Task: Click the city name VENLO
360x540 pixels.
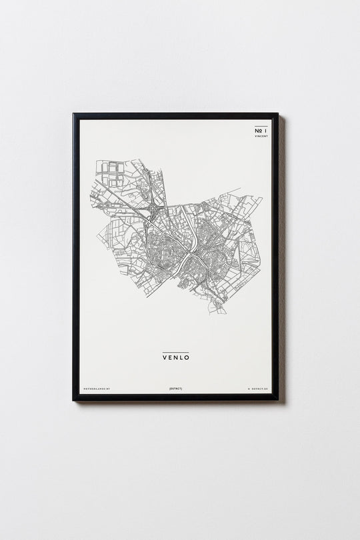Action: [176, 357]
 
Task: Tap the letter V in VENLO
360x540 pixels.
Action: [164, 357]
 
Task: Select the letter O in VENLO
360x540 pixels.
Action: [187, 357]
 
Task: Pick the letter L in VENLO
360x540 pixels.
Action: [181, 357]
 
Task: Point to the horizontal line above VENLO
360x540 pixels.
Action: [176, 351]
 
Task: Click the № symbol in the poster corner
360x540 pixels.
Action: [258, 131]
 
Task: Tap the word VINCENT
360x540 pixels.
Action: [261, 137]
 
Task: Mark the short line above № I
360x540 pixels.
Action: [261, 126]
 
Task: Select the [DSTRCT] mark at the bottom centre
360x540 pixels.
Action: [176, 387]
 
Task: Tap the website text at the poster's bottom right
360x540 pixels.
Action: [255, 387]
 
